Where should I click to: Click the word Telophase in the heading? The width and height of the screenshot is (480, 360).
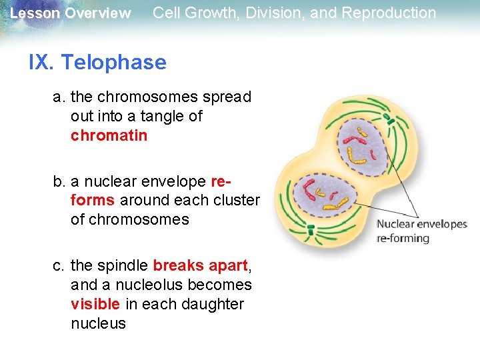[x=113, y=63]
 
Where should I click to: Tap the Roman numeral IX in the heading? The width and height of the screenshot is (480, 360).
[x=41, y=63]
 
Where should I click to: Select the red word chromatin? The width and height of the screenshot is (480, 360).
[x=109, y=135]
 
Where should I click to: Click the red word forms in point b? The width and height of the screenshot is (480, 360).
[x=92, y=200]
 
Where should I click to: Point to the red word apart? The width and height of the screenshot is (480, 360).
[x=228, y=265]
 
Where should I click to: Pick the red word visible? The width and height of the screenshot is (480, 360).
[x=95, y=304]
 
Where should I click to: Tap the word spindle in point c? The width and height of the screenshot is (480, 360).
[x=123, y=265]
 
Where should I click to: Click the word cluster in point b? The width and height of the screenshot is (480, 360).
[x=235, y=200]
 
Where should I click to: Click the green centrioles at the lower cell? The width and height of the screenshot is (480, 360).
[x=310, y=231]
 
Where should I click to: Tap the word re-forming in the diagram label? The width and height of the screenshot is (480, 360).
[x=403, y=238]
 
